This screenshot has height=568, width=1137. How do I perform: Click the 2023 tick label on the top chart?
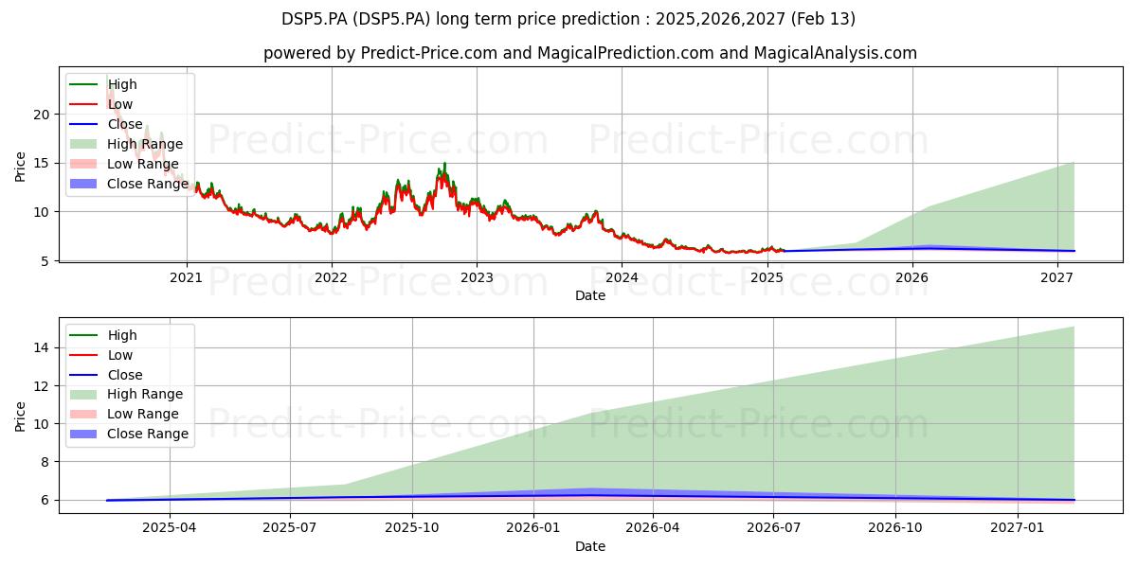click(477, 277)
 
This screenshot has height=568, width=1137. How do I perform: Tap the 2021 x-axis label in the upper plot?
click(186, 277)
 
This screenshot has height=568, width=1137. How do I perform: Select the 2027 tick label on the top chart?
click(1057, 277)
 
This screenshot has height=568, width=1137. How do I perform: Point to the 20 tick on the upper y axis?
click(42, 115)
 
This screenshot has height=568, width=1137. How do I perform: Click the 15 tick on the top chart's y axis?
click(42, 163)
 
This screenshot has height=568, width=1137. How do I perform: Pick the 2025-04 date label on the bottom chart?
click(169, 528)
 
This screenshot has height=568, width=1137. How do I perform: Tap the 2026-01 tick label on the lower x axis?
click(532, 528)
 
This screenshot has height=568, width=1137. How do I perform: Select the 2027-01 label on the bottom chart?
click(1018, 528)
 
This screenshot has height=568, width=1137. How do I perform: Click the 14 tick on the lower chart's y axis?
click(42, 348)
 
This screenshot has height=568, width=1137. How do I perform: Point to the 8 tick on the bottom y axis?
click(45, 462)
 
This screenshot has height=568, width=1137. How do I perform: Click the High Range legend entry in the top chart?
click(126, 144)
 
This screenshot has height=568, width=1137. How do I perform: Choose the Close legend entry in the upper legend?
click(106, 124)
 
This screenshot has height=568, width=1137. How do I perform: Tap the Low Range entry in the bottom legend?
click(124, 414)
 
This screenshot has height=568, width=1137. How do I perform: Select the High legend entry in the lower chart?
click(103, 335)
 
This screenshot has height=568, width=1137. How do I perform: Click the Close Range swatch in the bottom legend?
click(82, 434)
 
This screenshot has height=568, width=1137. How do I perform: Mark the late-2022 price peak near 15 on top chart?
click(445, 163)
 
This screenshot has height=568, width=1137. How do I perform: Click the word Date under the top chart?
click(589, 295)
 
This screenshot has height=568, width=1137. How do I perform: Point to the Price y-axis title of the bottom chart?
click(20, 417)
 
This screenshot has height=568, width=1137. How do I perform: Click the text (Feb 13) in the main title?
click(822, 19)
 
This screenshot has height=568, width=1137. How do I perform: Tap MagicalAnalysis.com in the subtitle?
click(835, 53)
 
